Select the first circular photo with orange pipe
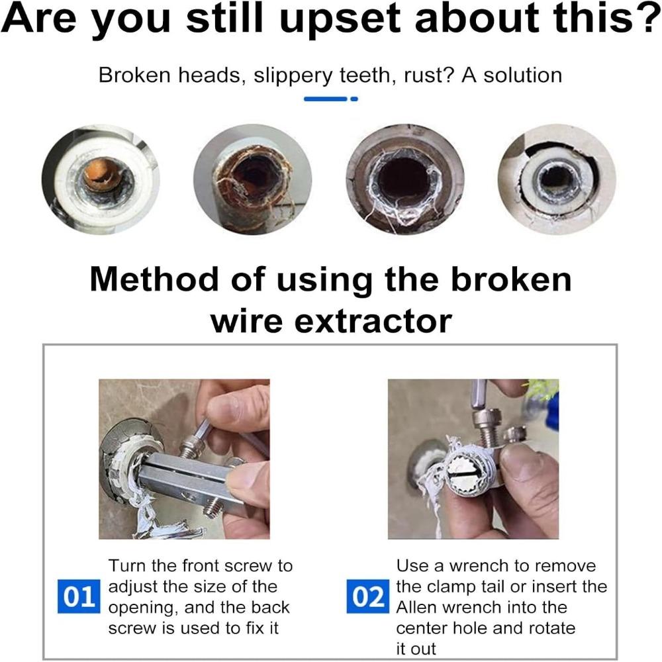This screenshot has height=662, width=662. click(101, 179)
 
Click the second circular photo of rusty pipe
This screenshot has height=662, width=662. click(252, 179)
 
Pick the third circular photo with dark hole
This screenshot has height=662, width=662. click(404, 179)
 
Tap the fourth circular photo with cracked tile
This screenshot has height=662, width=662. click(556, 179)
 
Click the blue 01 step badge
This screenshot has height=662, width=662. click(78, 597)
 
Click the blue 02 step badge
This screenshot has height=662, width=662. click(368, 597)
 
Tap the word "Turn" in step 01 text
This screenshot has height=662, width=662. click(126, 567)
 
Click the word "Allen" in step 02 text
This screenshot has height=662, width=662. click(416, 608)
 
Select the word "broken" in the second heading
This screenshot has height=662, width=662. click(510, 279)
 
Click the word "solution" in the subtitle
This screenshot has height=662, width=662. click(522, 75)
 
